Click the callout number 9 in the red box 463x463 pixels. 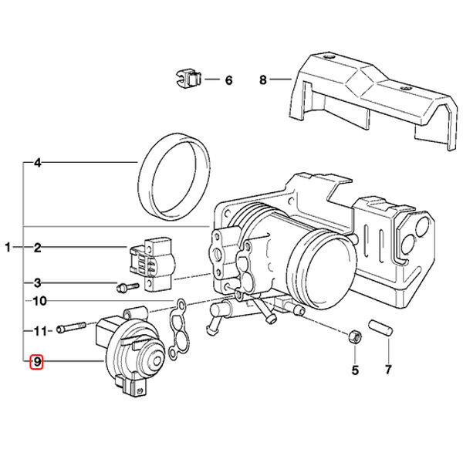(x=36, y=361)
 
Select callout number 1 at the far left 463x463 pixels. (x=8, y=248)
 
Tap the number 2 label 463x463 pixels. (x=37, y=248)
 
